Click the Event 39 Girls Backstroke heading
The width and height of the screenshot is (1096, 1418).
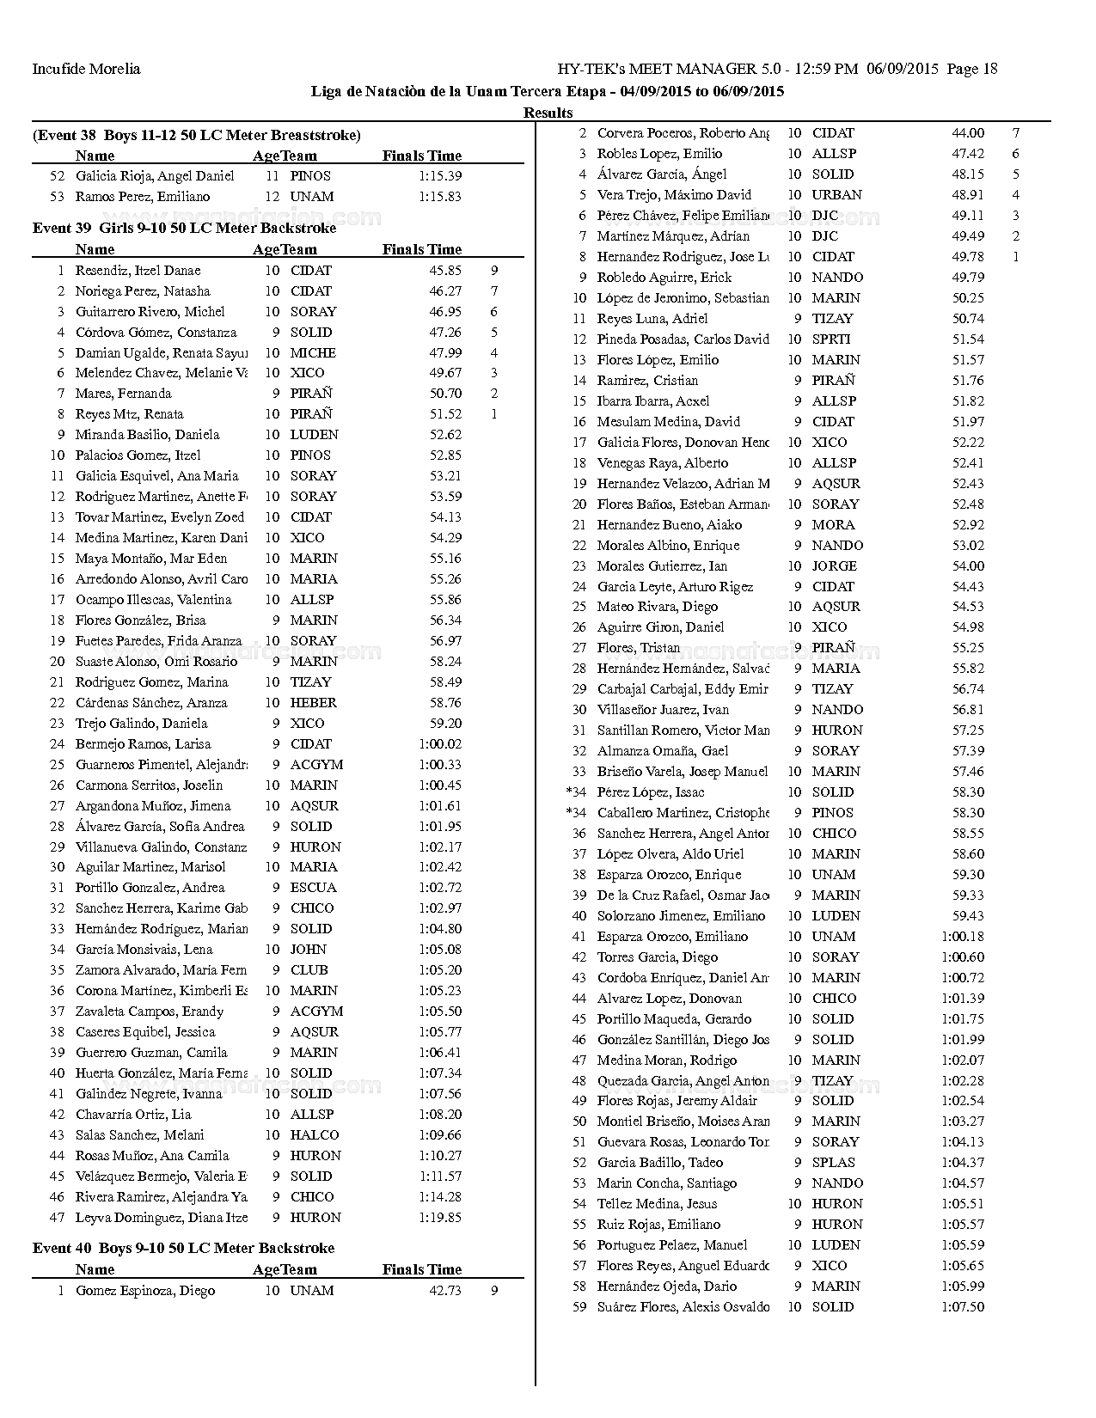(x=184, y=229)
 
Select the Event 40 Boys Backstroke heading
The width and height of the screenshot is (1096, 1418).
(x=183, y=1248)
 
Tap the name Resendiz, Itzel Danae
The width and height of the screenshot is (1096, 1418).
(x=138, y=270)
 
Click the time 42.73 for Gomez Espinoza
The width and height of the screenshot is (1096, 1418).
(x=445, y=1290)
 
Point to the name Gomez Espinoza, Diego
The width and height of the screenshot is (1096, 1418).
(x=144, y=1290)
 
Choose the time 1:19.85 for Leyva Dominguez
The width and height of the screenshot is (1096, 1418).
(x=440, y=1217)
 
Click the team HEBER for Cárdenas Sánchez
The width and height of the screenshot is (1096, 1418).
(x=313, y=702)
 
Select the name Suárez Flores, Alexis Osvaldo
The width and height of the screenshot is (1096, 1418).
(x=683, y=1306)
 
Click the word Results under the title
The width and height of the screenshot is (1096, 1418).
(x=548, y=113)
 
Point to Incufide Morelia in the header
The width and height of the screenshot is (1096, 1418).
(x=86, y=69)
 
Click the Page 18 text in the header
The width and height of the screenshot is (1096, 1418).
(x=972, y=69)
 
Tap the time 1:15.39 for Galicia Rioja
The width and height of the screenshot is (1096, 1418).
(x=440, y=175)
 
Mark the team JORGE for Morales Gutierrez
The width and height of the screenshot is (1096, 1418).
(x=834, y=565)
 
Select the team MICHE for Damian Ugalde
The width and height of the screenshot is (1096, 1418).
(x=313, y=352)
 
